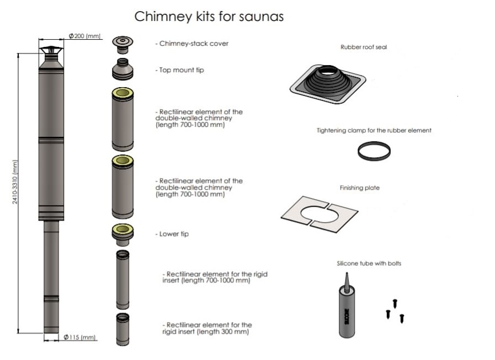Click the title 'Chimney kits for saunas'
209,17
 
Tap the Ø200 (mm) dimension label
84,36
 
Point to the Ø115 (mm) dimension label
79,337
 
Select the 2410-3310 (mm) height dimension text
15,182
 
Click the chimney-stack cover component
122,42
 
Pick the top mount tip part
122,69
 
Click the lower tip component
122,234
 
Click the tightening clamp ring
375,151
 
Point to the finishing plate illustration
320,212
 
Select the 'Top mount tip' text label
179,70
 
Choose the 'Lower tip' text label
172,234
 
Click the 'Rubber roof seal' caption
364,47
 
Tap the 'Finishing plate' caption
359,188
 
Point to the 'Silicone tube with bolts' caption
369,264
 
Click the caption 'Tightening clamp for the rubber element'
374,131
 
